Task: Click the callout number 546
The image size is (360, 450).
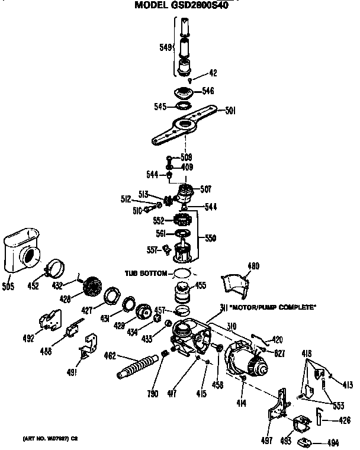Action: click(x=207, y=91)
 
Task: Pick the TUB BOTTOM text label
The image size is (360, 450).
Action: click(x=146, y=273)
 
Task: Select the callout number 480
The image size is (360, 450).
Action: click(x=253, y=266)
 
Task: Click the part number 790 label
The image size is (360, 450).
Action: click(x=153, y=393)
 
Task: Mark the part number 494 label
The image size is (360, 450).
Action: click(x=333, y=442)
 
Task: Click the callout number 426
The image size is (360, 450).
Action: click(x=344, y=421)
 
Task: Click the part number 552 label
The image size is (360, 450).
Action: click(x=159, y=220)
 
